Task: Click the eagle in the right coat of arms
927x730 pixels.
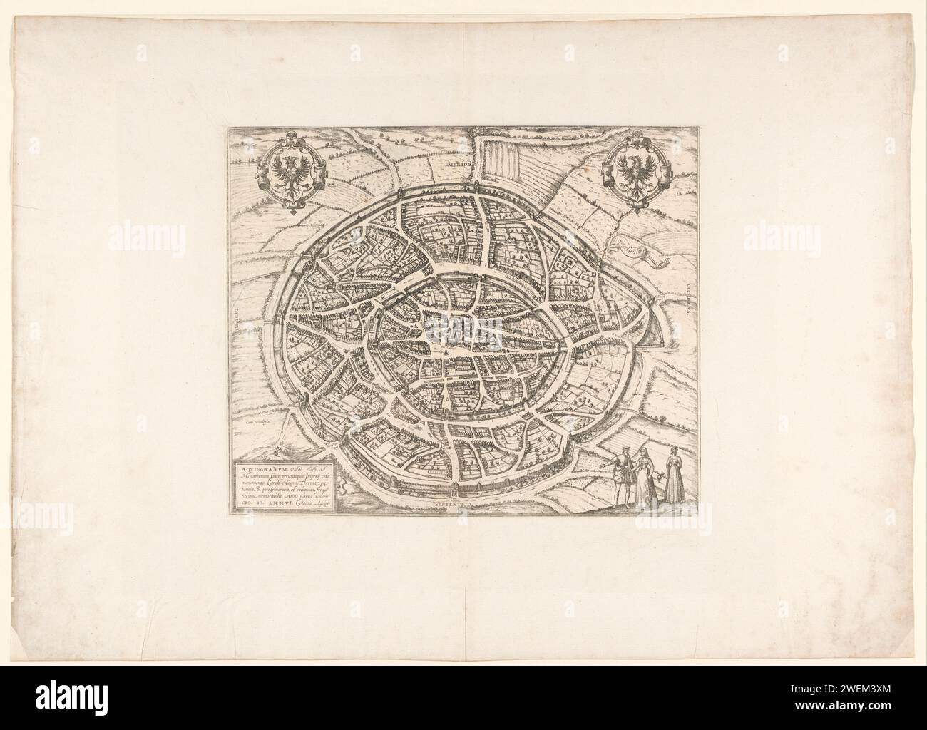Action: click(x=635, y=174)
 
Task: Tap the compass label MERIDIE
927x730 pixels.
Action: click(x=460, y=163)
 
